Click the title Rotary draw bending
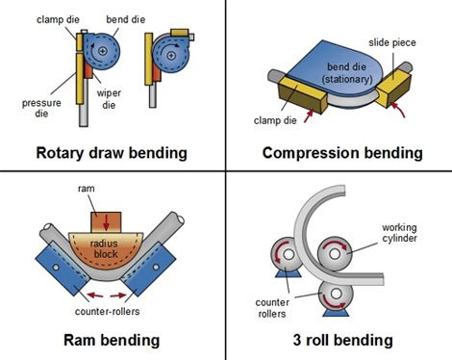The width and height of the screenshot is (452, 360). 113,152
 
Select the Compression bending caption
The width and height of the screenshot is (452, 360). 341,153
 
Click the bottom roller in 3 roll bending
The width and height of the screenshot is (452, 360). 332,293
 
